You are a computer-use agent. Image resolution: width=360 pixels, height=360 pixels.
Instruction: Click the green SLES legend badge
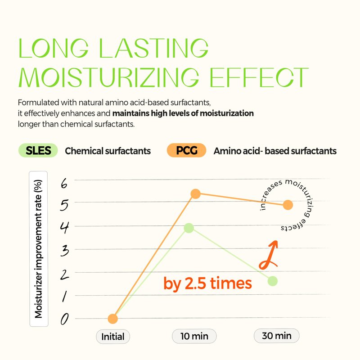pos(38,151)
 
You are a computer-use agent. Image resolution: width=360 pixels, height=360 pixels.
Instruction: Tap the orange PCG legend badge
pos(186,151)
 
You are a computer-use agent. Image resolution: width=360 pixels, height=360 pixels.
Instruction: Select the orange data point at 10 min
pos(195,194)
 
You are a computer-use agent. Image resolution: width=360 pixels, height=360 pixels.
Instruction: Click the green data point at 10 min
pos(189,228)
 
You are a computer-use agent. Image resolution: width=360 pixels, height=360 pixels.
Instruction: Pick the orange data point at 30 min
pos(288,205)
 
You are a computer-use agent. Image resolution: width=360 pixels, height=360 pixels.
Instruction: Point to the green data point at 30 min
pos(273,281)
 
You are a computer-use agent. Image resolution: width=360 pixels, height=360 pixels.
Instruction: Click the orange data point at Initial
pos(113,319)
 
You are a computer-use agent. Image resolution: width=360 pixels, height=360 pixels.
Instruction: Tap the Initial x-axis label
pos(113,336)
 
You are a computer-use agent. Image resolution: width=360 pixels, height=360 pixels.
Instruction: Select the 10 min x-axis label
pos(194,336)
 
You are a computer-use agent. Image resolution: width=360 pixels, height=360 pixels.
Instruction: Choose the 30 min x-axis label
pos(276,336)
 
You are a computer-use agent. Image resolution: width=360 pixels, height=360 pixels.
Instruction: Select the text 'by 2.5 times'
pos(207,283)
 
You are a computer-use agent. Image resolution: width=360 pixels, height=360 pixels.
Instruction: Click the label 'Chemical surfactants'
pos(108,151)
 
